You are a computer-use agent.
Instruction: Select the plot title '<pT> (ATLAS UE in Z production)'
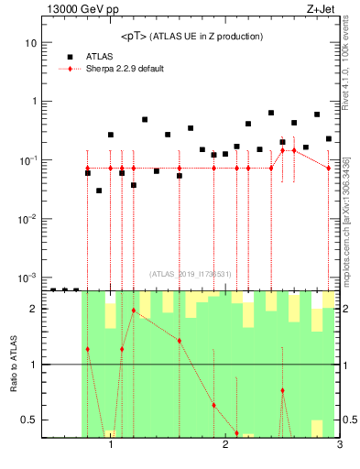click(191, 36)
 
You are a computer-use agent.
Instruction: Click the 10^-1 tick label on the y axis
click(27, 160)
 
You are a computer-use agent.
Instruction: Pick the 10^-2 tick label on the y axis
click(27, 219)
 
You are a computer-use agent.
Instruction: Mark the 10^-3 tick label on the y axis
click(27, 278)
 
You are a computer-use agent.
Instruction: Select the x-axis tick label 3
click(339, 445)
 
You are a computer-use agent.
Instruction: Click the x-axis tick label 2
click(225, 445)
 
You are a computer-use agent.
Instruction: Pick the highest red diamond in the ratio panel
click(134, 311)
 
